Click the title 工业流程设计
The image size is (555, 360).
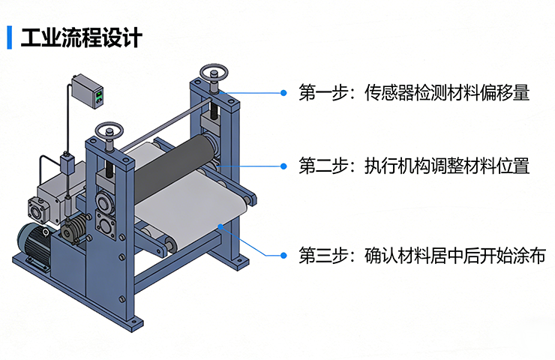click(x=82, y=37)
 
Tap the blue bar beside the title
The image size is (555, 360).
click(x=10, y=37)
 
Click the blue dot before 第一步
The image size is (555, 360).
click(x=283, y=93)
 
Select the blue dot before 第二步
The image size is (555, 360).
click(x=283, y=166)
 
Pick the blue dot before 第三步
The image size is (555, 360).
click(x=283, y=255)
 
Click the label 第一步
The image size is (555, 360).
click(x=323, y=93)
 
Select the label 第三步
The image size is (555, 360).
click(x=323, y=255)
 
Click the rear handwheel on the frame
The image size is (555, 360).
click(x=214, y=73)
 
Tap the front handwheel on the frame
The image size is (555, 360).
click(x=109, y=130)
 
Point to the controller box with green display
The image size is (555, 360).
click(x=87, y=91)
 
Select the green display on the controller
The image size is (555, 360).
click(x=99, y=94)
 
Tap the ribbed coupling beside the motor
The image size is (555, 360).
click(x=75, y=227)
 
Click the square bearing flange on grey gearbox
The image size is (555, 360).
click(x=38, y=210)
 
